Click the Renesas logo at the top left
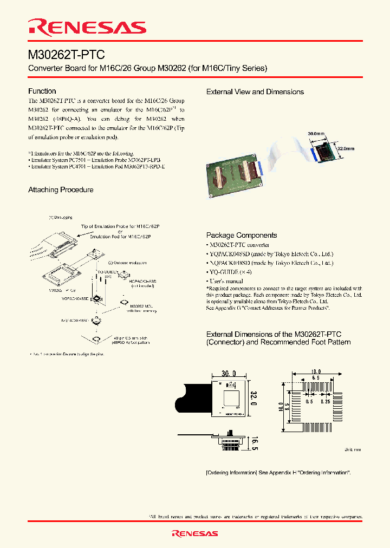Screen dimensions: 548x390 [87, 27]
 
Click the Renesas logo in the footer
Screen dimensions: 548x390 [195, 533]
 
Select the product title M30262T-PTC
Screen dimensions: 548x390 [67, 55]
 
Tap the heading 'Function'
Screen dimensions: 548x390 [42, 91]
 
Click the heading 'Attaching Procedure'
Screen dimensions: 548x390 [61, 190]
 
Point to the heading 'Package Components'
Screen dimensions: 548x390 [242, 235]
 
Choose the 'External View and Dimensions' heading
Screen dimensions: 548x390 [255, 92]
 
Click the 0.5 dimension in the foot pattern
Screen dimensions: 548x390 [309, 401]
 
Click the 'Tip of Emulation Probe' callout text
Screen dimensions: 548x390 [124, 226]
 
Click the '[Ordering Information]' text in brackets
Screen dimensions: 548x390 [232, 473]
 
